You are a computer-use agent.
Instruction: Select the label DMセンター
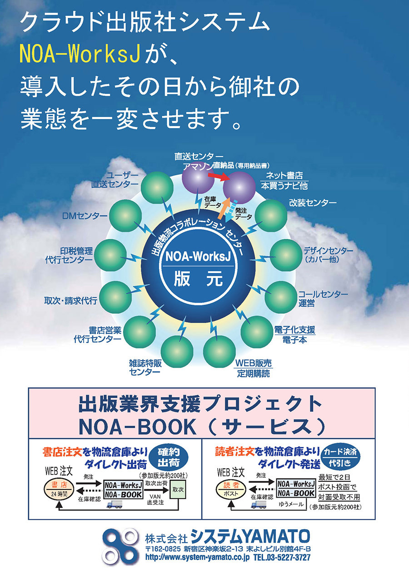pos(85,216)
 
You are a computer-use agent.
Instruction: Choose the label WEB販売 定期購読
pos(253,369)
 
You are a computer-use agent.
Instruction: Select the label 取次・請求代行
pos(70,301)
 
